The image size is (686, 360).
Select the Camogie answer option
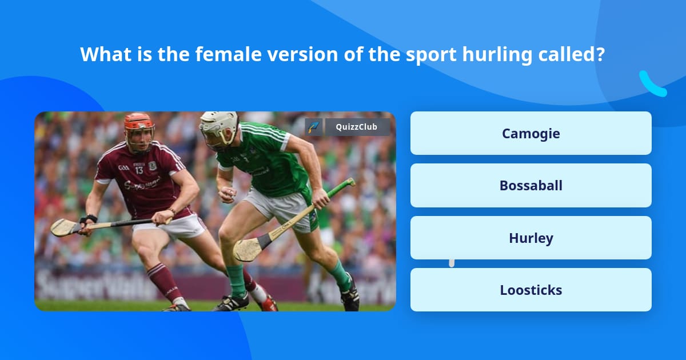[531, 133]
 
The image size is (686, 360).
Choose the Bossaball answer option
[531, 186]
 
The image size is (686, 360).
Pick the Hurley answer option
[531, 238]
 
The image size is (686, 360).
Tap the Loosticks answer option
[531, 290]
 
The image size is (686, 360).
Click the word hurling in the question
[497, 55]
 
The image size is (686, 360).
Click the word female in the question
[229, 54]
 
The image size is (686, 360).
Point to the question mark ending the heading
[600, 54]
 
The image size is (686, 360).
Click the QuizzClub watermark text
[356, 127]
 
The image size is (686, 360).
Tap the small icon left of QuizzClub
[314, 127]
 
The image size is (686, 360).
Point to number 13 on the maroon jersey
[139, 170]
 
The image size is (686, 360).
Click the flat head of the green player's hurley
[249, 249]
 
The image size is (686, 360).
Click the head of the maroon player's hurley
[63, 227]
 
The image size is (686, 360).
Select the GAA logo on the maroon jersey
[123, 168]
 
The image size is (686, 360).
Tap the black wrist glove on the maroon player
[88, 219]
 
